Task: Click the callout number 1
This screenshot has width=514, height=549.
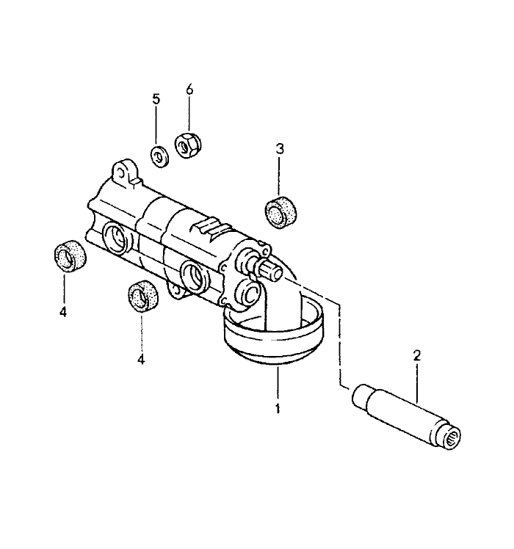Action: [x=278, y=409]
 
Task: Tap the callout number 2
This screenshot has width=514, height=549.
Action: [x=416, y=356]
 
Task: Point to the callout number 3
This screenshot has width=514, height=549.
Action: [x=279, y=149]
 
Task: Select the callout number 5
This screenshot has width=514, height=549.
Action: [x=156, y=99]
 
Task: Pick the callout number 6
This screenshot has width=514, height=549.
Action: [x=189, y=90]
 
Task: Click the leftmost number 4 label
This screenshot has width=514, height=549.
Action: [x=63, y=312]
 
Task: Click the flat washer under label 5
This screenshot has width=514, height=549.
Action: [x=160, y=157]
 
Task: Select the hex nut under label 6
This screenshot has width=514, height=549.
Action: [x=187, y=145]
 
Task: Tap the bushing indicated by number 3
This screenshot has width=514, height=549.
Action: [x=280, y=213]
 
